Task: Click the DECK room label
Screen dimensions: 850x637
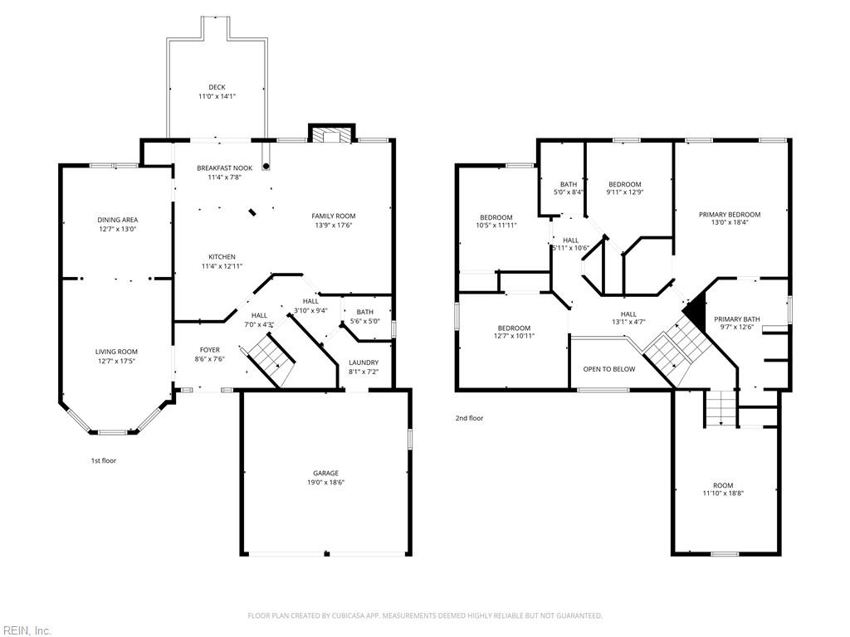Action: coord(217,87)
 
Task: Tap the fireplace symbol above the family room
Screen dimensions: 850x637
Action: coord(332,134)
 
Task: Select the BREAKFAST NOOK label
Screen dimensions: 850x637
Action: coord(224,168)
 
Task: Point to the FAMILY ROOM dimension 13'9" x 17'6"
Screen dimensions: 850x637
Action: coord(334,226)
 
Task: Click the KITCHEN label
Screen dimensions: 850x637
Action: coord(222,257)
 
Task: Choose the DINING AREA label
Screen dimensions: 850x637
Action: coord(118,220)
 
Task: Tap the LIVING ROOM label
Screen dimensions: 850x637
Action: coord(116,352)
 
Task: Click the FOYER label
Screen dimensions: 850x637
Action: coord(210,350)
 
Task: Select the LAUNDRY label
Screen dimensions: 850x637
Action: coord(364,362)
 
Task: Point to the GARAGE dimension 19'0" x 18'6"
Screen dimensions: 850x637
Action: coord(325,482)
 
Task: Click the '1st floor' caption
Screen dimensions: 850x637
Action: coord(104,460)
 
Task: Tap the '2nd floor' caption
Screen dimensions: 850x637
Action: coord(469,418)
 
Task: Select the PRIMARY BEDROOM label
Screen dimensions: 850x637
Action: coord(730,215)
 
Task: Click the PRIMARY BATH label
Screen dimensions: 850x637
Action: coord(737,319)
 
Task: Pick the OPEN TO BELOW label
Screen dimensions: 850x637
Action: coord(609,369)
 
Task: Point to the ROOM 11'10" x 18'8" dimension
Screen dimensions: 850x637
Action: coord(723,494)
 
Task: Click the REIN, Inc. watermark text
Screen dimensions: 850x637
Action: coord(26,630)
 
